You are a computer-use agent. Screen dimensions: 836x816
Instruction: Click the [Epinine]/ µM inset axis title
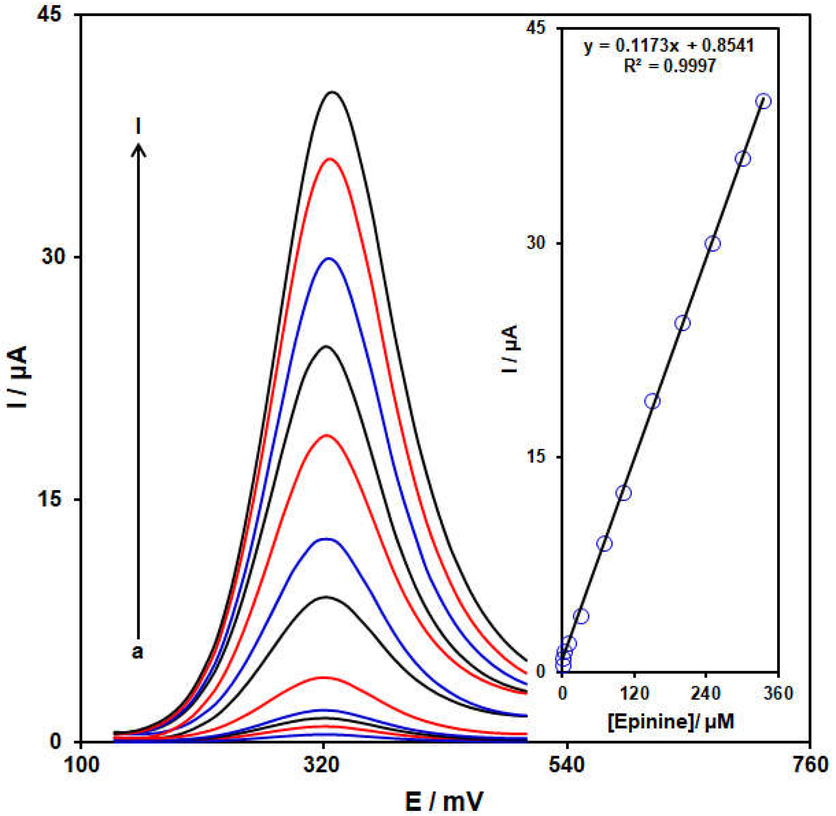pyautogui.click(x=671, y=721)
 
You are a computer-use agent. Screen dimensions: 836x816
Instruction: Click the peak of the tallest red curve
pyautogui.click(x=329, y=159)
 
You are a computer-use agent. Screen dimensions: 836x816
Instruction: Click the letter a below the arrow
pyautogui.click(x=137, y=652)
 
